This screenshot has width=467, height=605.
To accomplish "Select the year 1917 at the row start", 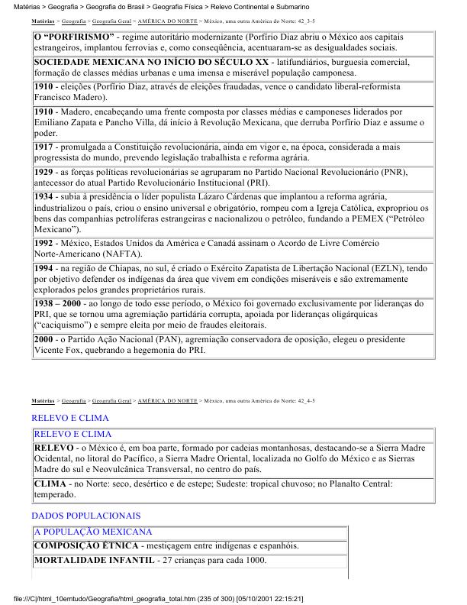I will pos(44,146).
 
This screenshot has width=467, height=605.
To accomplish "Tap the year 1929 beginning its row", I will pos(44,173).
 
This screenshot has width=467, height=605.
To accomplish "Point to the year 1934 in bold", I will pos(44,196).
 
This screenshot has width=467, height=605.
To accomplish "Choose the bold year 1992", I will pos(44,243).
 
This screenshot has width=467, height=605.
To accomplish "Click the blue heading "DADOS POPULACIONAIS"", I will pos(85,516).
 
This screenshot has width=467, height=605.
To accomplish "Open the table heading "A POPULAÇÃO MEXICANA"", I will pos(93,531).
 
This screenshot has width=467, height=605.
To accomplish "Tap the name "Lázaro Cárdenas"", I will pos(209,196).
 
